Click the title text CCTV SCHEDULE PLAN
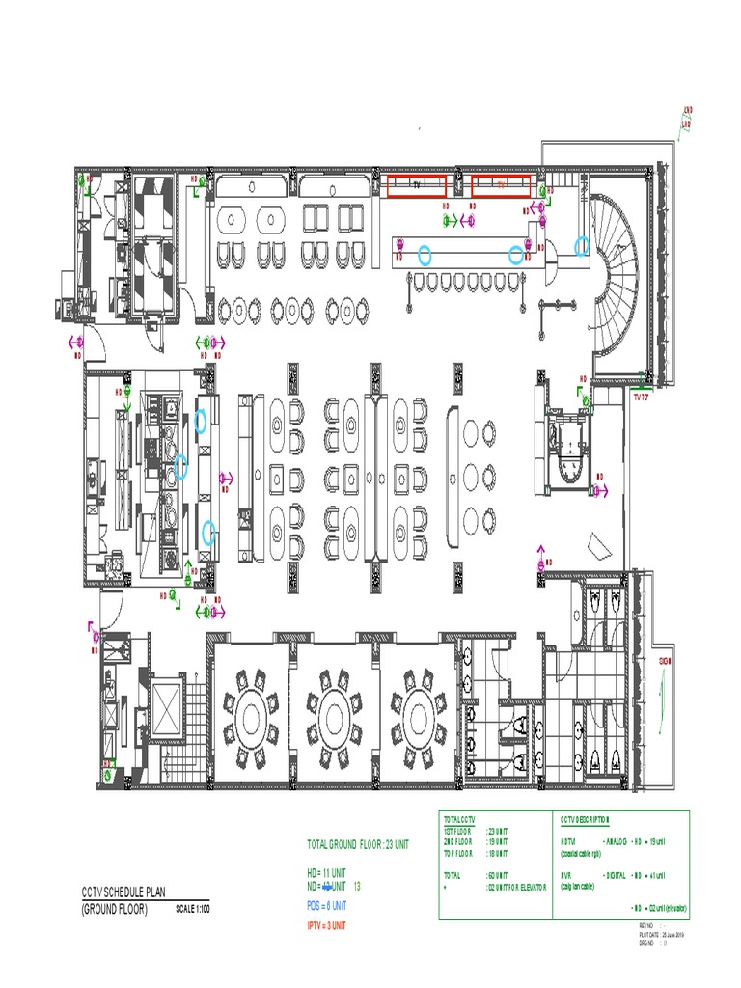click(x=127, y=893)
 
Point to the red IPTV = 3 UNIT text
click(x=325, y=926)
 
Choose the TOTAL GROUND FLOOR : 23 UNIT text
click(x=358, y=844)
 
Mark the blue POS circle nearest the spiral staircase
click(x=581, y=246)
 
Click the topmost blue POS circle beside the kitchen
click(x=201, y=420)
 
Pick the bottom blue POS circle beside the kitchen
click(x=208, y=532)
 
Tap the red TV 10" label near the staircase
click(x=642, y=397)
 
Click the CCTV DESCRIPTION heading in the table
click(x=586, y=820)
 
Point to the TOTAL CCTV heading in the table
click(x=460, y=820)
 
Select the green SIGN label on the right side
click(x=664, y=661)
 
